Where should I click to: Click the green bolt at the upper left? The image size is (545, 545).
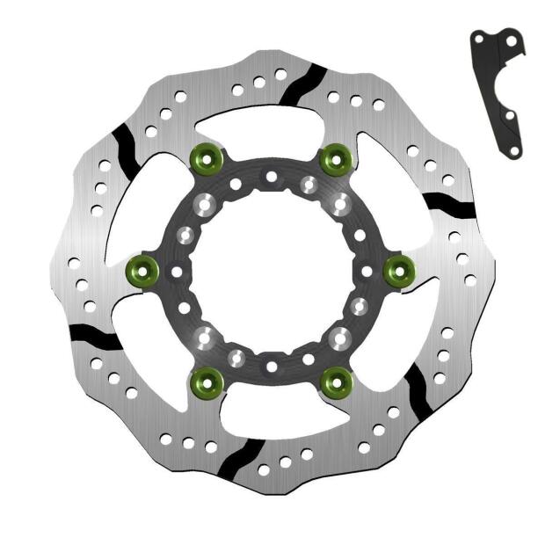208,158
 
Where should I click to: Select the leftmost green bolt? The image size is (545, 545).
142,270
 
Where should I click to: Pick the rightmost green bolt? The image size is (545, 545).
400,270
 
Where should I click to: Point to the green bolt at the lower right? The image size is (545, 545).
336,381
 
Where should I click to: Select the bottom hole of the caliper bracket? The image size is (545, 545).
513,151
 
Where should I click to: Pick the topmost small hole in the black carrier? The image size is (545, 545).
272,178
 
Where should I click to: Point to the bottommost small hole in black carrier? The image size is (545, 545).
272,366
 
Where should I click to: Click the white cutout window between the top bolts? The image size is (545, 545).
272,132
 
